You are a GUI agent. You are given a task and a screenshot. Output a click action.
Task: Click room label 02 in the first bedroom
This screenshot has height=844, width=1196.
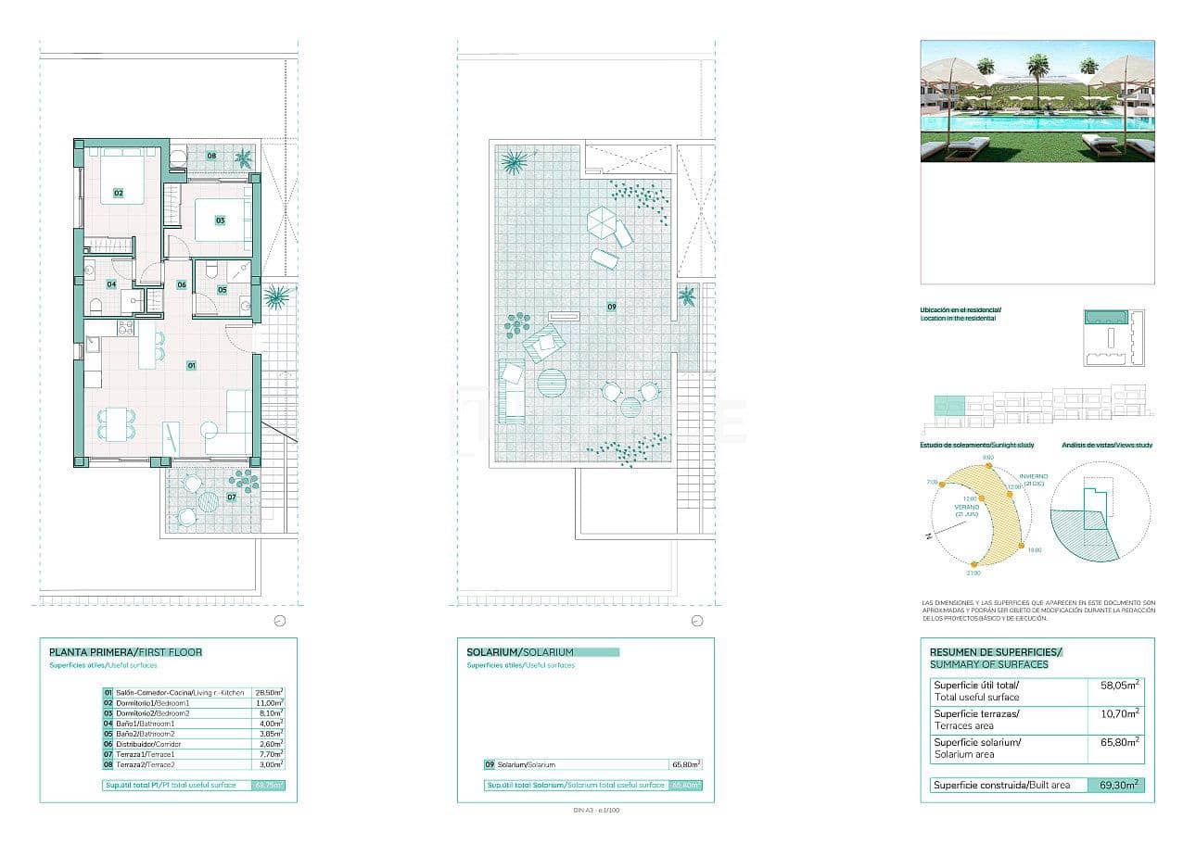click(119, 193)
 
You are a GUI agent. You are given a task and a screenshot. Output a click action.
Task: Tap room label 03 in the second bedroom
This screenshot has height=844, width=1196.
click(221, 220)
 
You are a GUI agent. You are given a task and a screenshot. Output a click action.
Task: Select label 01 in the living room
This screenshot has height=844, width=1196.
click(192, 365)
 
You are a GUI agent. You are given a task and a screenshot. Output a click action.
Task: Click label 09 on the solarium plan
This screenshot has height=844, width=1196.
click(612, 307)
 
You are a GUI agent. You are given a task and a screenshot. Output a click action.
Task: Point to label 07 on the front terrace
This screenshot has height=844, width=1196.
click(231, 498)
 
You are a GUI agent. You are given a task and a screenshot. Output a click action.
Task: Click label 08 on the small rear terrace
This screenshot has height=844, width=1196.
click(211, 156)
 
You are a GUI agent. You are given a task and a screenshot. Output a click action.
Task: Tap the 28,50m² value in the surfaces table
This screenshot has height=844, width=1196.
click(269, 692)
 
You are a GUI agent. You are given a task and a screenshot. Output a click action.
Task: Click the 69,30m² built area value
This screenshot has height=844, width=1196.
click(1115, 785)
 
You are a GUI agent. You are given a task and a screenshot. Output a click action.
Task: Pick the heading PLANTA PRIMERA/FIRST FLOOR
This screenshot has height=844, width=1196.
click(125, 652)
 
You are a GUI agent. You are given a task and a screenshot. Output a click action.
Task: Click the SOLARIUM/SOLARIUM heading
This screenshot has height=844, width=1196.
click(520, 652)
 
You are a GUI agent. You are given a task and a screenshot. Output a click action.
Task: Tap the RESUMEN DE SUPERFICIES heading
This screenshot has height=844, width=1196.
click(996, 652)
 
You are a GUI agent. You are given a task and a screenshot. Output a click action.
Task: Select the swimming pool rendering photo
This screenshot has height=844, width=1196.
click(1037, 101)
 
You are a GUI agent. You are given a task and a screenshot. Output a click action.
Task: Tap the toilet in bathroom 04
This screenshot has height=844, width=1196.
click(95, 306)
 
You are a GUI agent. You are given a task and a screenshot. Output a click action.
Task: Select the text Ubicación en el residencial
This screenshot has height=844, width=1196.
click(960, 309)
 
